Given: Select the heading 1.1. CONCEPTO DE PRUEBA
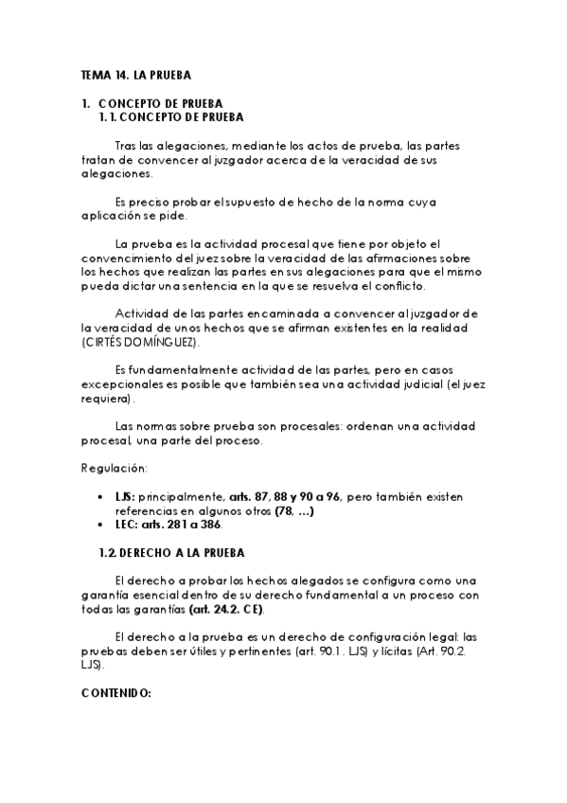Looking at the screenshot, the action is [x=171, y=117].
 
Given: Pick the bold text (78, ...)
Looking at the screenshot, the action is [x=294, y=510].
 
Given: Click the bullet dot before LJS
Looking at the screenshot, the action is [x=102, y=495].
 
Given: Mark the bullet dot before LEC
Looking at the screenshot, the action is [x=102, y=526].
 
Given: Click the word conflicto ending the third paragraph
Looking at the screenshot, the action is [x=401, y=286].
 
